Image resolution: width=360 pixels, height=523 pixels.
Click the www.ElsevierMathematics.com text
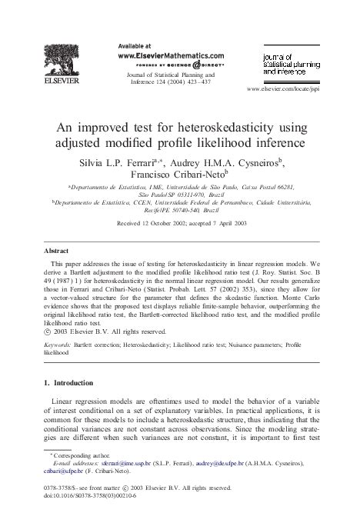[171, 56]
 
